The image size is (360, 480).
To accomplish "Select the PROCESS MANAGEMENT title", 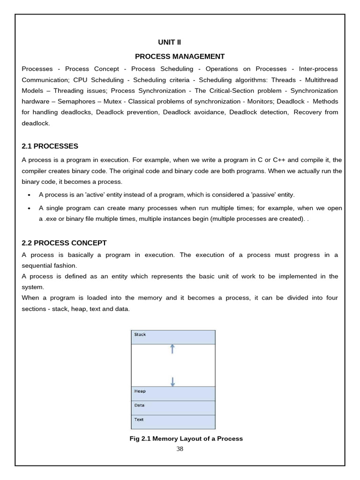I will [x=180, y=57].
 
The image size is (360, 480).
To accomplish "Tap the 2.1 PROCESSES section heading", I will [x=50, y=146].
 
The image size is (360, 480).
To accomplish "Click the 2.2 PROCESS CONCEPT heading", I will [x=64, y=243].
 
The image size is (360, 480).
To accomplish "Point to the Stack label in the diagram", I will [x=140, y=335].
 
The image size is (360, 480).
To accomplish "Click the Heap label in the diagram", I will [x=140, y=391].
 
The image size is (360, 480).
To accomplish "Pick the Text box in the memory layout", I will [x=173, y=421].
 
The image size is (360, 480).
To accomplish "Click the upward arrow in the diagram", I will [x=172, y=349].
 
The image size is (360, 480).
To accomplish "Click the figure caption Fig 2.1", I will [x=186, y=439].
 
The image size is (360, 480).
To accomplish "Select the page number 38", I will [x=180, y=449].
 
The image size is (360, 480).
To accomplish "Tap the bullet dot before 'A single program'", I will [x=29, y=208].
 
